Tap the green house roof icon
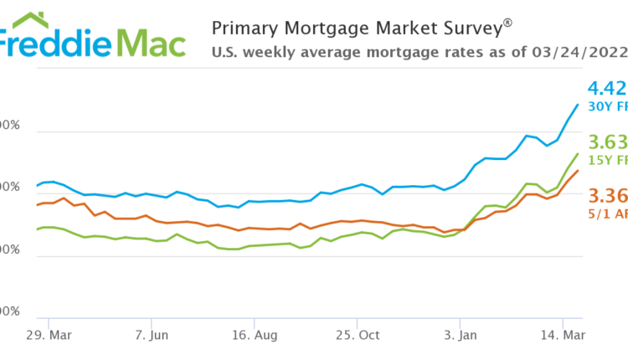23,19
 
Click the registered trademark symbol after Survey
507,23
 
